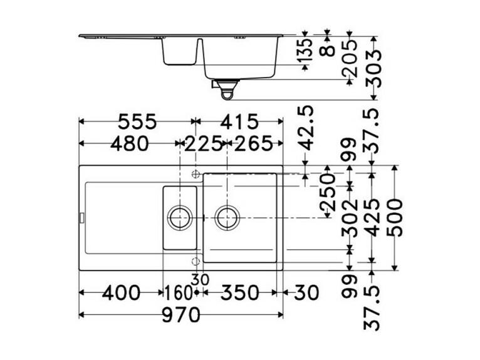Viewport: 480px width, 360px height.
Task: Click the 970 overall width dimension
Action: pyautogui.click(x=182, y=314)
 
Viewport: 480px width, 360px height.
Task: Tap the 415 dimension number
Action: pyautogui.click(x=239, y=121)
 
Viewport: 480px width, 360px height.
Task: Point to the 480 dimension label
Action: pyautogui.click(x=129, y=144)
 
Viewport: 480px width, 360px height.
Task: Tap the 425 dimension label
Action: pyautogui.click(x=372, y=217)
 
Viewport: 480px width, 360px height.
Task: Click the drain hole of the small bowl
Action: pyautogui.click(x=179, y=217)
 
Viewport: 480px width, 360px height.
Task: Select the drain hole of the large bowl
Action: pyautogui.click(x=227, y=217)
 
